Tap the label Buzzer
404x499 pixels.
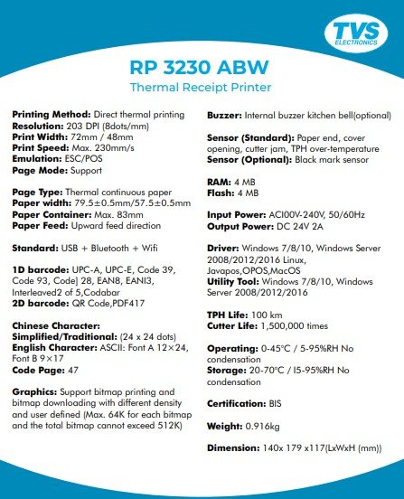pyautogui.click(x=230, y=116)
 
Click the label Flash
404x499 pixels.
pyautogui.click(x=222, y=193)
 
